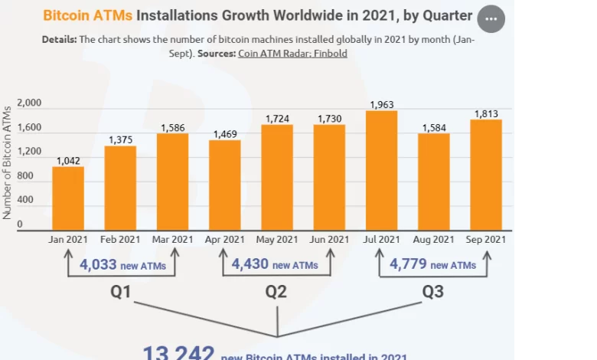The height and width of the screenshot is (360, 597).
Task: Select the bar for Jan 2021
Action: point(68,198)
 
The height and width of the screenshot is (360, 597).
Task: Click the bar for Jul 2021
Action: point(381,170)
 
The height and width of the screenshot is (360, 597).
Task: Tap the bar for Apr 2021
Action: point(224,185)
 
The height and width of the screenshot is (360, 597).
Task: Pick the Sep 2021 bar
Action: point(485,175)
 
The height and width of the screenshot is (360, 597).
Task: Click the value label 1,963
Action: point(381,105)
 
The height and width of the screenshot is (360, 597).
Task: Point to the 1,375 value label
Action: point(120,139)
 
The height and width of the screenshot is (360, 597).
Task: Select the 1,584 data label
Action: point(433,127)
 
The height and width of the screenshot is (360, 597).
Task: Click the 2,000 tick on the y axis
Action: point(29,103)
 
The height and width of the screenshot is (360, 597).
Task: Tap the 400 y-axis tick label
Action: point(24,201)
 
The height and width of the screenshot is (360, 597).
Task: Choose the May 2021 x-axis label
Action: point(276,240)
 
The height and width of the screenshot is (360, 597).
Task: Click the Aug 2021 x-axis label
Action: point(433,240)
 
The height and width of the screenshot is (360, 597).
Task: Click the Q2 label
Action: point(276,292)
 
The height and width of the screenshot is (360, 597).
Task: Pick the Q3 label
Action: point(433,292)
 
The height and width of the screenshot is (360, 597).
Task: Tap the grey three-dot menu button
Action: point(491,18)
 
